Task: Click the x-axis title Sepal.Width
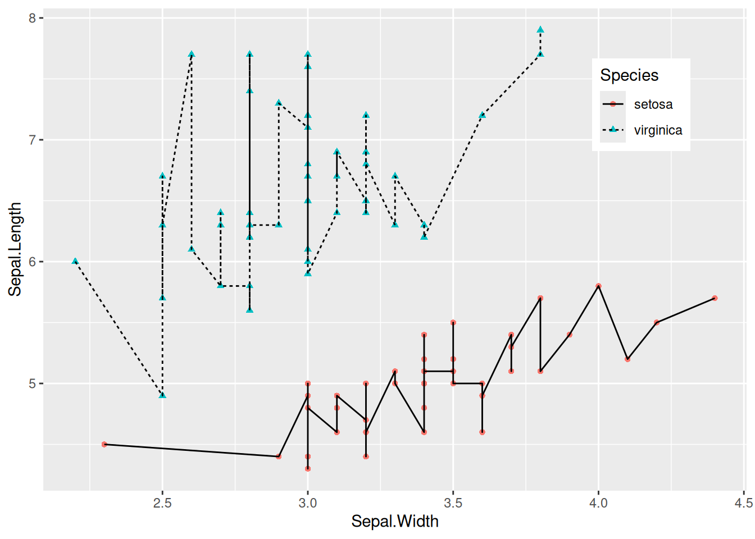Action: coord(394,522)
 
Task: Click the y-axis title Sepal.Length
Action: coord(15,249)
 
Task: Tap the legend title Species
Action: coord(629,75)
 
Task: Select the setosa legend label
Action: coord(653,104)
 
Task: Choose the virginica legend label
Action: coord(658,130)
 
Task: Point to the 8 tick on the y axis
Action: coord(32,18)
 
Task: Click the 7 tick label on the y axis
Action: coord(32,140)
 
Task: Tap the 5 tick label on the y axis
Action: coord(32,383)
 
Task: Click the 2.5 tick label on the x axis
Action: coord(162,503)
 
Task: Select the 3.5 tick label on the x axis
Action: coord(453,503)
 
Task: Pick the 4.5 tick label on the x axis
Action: coord(743,503)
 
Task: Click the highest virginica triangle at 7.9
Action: coord(540,30)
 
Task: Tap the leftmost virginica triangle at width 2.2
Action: coord(75,261)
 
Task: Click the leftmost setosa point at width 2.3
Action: coord(104,444)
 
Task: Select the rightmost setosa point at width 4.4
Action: coord(715,298)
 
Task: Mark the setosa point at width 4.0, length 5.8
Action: coord(598,286)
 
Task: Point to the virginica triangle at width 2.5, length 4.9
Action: coord(162,395)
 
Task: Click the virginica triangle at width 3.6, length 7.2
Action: coord(482,115)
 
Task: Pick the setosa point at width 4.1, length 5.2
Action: coord(627,359)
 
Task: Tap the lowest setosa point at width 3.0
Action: coord(308,468)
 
